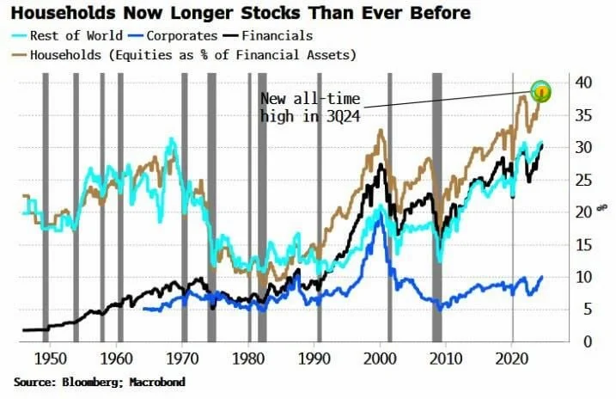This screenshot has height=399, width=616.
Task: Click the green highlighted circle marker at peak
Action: (x=540, y=90)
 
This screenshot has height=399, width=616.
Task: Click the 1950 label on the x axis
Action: (x=50, y=355)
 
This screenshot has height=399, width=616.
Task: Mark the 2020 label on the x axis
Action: (x=512, y=355)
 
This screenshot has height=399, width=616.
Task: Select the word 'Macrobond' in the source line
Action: (x=156, y=381)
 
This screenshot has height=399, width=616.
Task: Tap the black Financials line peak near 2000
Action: (x=380, y=163)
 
